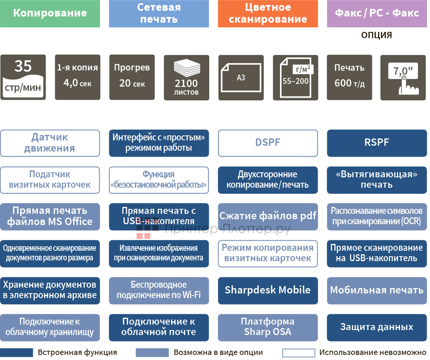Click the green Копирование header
point(50,13)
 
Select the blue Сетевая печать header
point(159,13)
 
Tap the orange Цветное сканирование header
point(268,13)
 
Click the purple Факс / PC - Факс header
point(377,13)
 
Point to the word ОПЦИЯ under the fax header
point(377,35)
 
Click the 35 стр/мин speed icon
point(23,77)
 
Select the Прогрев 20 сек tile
point(132,77)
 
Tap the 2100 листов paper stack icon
point(187,77)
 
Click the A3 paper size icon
point(241,77)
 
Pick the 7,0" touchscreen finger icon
point(403,77)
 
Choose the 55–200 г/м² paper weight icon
point(295,77)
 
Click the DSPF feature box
point(268,143)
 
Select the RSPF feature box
point(377,143)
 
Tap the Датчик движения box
point(50,143)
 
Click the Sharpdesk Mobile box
point(268,290)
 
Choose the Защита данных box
point(377,327)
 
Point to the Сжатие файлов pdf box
point(268,217)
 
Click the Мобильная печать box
point(377,290)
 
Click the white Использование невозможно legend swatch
point(298,353)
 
